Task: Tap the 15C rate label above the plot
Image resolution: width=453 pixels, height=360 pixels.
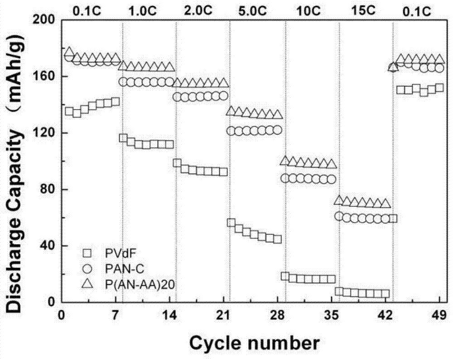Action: pyautogui.click(x=365, y=7)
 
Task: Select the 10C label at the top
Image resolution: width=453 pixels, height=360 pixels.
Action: pyautogui.click(x=311, y=7)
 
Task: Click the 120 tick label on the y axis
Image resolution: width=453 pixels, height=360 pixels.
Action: pyautogui.click(x=45, y=133)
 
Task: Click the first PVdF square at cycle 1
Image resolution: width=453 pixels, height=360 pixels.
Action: pyautogui.click(x=69, y=111)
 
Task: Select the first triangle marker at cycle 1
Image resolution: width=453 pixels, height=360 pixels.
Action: pyautogui.click(x=69, y=52)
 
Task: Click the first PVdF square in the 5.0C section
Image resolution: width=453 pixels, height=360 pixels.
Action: pyautogui.click(x=231, y=222)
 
